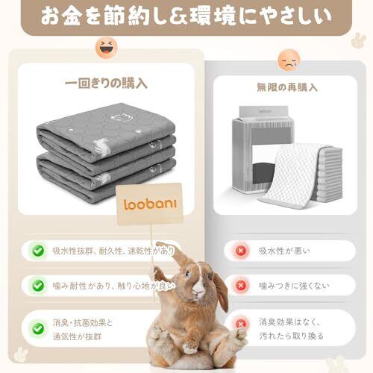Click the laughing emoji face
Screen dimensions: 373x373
coord(107,47)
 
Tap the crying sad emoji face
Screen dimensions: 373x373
coord(289,60)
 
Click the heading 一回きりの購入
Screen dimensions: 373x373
coord(106,84)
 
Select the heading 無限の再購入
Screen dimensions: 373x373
coord(287,87)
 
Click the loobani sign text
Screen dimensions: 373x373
coord(150,204)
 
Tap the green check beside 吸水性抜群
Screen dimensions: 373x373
coord(38,251)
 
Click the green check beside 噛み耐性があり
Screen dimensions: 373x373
coord(38,286)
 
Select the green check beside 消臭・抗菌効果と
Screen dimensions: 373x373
coord(38,329)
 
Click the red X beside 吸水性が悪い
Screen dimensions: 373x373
coord(240,251)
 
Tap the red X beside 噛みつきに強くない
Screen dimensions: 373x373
coord(240,286)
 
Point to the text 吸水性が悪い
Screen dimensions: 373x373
coord(284,251)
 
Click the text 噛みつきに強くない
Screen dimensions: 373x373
coord(294,286)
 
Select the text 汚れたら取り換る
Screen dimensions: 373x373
coord(291,336)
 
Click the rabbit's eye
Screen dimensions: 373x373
coord(188,274)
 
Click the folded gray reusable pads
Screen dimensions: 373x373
coord(107,151)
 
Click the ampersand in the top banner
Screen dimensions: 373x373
coord(178,16)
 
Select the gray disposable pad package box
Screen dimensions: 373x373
coord(263,149)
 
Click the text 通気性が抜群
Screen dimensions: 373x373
coord(77,336)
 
